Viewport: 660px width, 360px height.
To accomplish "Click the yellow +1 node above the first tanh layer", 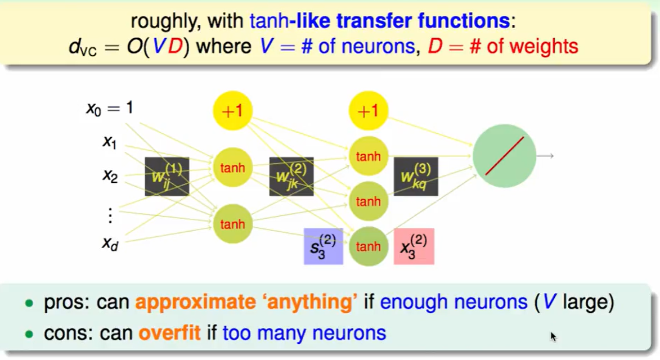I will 232,111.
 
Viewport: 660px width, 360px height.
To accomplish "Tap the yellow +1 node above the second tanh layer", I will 368,111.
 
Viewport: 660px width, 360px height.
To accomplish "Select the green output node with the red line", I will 504,156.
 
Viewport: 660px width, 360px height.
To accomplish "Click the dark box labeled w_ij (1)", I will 167,177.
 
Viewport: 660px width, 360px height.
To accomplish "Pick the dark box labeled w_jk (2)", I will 291,177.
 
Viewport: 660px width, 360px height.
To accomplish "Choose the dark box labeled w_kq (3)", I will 415,177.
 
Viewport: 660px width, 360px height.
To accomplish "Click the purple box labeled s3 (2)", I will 323,246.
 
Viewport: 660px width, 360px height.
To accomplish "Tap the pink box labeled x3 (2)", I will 414,246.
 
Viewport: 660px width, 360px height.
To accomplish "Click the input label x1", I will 109,142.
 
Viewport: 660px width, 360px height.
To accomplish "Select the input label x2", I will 110,176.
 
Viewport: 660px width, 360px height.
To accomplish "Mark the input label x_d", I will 110,243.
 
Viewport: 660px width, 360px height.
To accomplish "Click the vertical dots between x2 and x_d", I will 110,214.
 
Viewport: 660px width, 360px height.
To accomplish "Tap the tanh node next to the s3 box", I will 368,246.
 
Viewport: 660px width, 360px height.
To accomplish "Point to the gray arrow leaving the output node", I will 545,156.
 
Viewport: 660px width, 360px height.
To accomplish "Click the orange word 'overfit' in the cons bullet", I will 169,333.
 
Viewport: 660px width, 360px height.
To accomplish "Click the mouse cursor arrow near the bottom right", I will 553,336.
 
